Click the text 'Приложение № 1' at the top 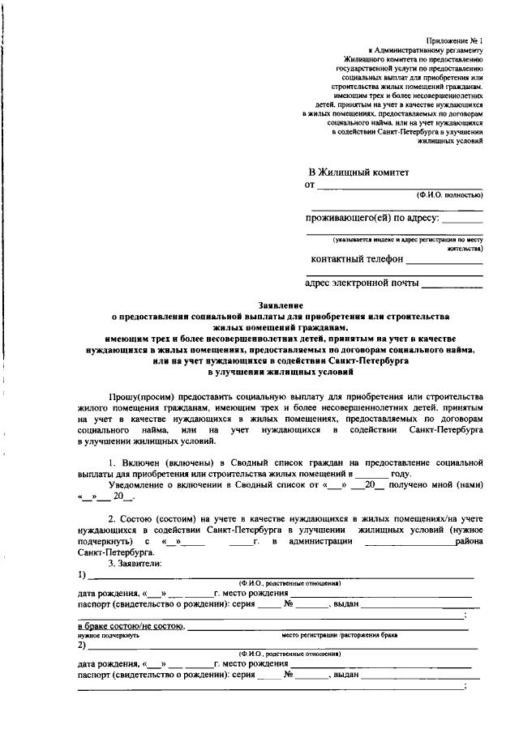[455, 40]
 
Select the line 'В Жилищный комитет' [359, 173]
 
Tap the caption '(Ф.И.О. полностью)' [450, 196]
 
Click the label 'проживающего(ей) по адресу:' [372, 218]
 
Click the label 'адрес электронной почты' [362, 283]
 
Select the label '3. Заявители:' [135, 563]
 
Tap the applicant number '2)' [82, 646]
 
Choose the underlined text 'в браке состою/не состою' [131, 627]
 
